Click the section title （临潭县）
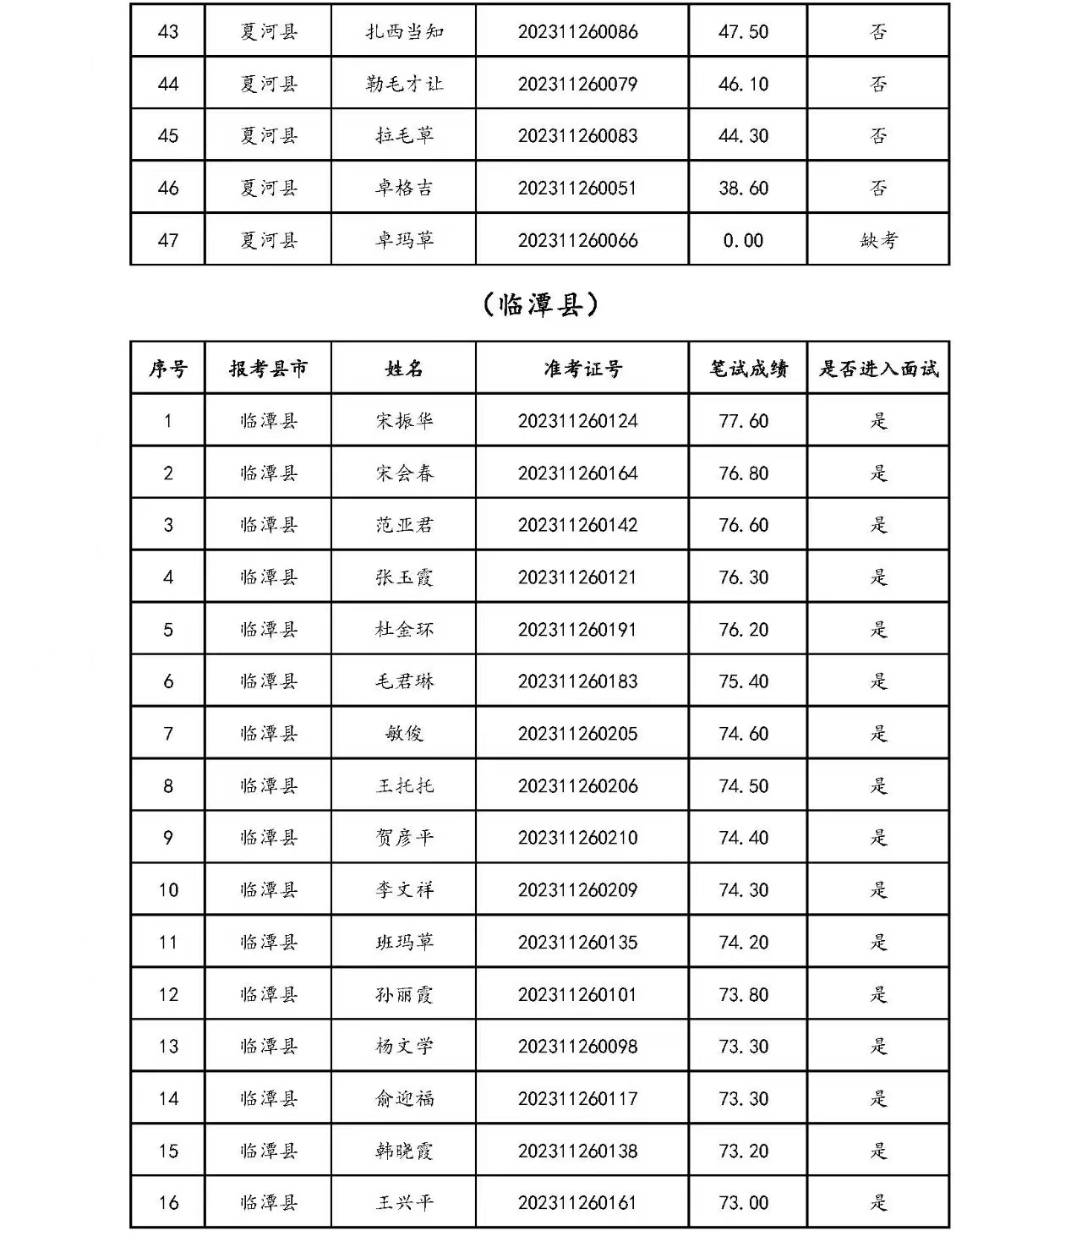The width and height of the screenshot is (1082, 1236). click(540, 304)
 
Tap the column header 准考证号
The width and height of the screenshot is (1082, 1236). click(582, 369)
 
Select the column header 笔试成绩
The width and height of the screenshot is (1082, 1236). click(747, 369)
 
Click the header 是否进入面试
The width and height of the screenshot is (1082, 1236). click(878, 369)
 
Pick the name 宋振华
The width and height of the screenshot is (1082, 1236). click(404, 421)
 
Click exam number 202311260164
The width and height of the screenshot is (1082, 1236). click(577, 473)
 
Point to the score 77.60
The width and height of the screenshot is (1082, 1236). click(743, 421)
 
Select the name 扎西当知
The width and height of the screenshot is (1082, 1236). click(404, 32)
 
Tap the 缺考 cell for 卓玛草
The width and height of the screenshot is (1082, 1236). click(878, 240)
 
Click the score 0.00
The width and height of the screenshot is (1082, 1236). click(743, 240)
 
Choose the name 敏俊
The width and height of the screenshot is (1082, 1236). click(404, 734)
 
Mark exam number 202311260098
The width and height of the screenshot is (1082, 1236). click(577, 1047)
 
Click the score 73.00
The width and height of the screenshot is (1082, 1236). click(743, 1203)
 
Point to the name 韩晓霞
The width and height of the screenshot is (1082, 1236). click(404, 1151)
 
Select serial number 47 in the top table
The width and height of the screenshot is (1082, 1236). click(168, 240)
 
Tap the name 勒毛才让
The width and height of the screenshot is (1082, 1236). click(404, 84)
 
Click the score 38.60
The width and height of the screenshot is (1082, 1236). click(743, 188)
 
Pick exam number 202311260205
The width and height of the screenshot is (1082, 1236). click(577, 734)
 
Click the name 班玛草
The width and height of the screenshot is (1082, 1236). click(404, 943)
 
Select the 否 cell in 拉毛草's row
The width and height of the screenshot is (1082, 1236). click(878, 136)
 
